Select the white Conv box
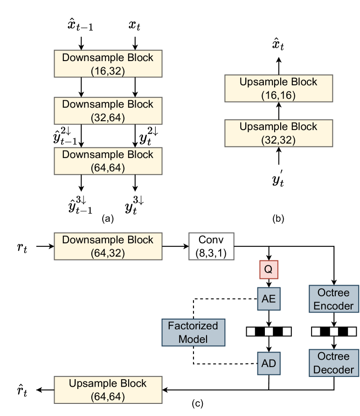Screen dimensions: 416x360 211,246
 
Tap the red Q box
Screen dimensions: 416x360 269,270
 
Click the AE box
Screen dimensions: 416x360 269,299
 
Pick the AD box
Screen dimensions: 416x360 269,363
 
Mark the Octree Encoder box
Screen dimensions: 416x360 333,299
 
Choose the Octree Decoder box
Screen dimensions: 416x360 333,363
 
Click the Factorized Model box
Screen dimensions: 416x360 193,332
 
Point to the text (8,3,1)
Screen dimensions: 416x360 211,253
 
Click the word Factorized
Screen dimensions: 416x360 193,326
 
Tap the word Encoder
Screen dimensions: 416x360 333,306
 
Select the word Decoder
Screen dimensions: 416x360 333,369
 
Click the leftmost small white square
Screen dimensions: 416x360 251,332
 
